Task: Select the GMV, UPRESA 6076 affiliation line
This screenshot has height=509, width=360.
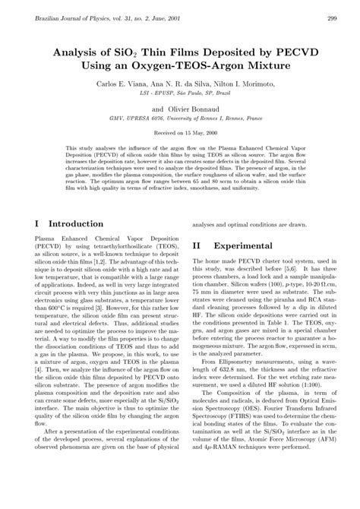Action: click(x=180, y=118)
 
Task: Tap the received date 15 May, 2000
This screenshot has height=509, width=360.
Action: click(x=192, y=131)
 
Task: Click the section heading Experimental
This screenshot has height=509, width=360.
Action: click(x=245, y=246)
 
